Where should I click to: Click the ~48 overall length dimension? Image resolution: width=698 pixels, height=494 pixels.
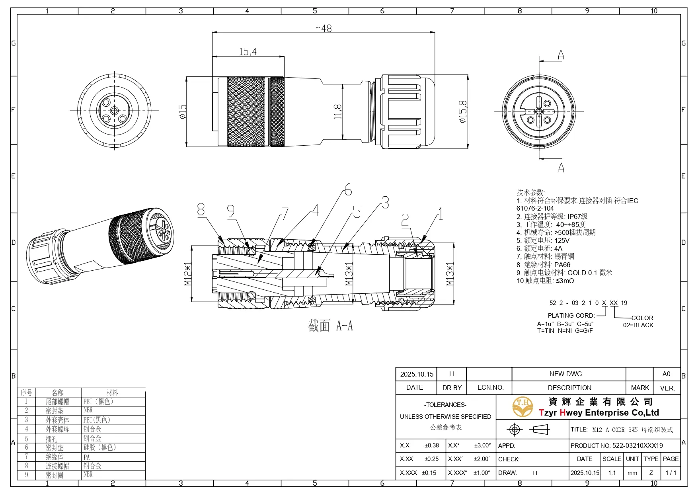(324, 28)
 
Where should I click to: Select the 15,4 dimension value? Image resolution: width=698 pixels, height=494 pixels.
(248, 52)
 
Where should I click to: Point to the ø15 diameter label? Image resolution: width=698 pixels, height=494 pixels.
(182, 112)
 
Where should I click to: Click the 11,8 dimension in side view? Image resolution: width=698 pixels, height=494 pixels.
(337, 112)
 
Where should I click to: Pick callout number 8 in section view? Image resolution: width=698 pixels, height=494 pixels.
(201, 209)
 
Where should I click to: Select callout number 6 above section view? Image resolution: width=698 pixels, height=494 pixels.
(348, 189)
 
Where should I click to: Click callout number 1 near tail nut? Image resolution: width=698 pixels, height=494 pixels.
(440, 214)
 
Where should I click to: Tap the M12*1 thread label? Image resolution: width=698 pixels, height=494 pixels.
(188, 274)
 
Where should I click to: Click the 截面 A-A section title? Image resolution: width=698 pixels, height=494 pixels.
(330, 326)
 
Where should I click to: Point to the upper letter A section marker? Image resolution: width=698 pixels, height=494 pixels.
(561, 55)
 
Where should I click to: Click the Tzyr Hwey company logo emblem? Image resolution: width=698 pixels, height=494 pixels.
(523, 407)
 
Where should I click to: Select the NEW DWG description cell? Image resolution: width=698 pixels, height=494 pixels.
(565, 374)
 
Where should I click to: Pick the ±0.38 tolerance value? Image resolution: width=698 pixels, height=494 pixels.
(432, 445)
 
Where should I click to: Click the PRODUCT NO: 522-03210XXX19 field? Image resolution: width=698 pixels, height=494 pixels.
(616, 445)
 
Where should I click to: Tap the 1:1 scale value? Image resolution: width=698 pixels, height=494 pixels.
(612, 473)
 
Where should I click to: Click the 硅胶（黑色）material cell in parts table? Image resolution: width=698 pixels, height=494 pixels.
(99, 447)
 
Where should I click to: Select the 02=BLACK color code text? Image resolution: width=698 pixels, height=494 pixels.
(638, 325)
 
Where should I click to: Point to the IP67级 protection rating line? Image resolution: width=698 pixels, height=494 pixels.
(552, 217)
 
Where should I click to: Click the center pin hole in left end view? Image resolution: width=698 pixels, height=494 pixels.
(115, 111)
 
